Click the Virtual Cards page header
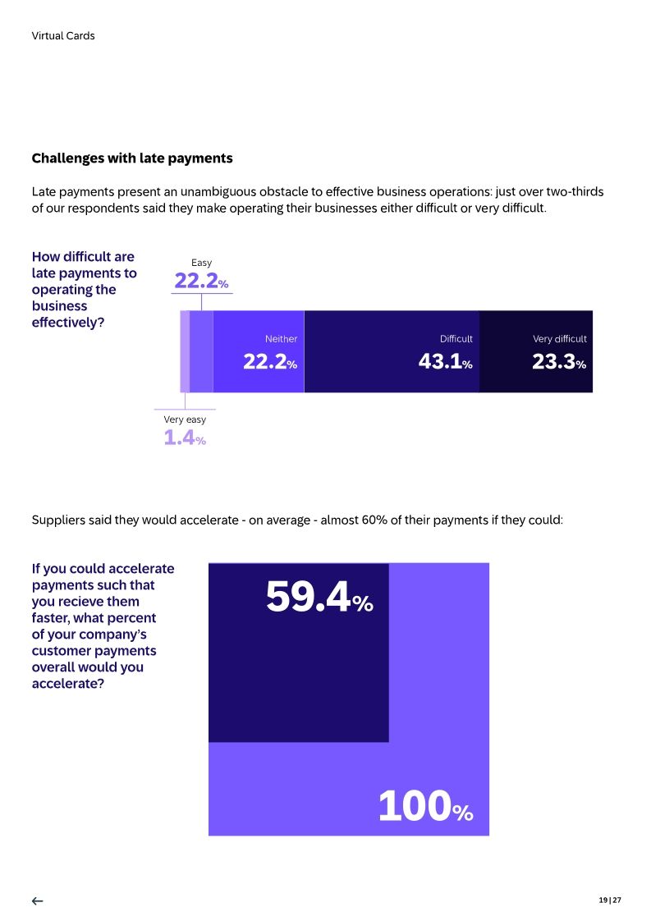pyautogui.click(x=63, y=36)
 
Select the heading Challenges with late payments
pyautogui.click(x=132, y=158)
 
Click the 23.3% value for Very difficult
pyautogui.click(x=558, y=362)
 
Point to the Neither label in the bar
pyautogui.click(x=281, y=339)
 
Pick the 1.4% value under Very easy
pyautogui.click(x=184, y=438)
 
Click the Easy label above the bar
pyautogui.click(x=201, y=263)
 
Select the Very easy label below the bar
pyautogui.click(x=185, y=419)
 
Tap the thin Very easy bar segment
pyautogui.click(x=185, y=351)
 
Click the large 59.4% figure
pyautogui.click(x=319, y=598)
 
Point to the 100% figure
pyautogui.click(x=425, y=806)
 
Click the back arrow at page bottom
pyautogui.click(x=37, y=901)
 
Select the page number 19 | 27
pyautogui.click(x=610, y=900)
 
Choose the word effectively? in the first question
pyautogui.click(x=68, y=323)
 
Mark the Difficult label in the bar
pyautogui.click(x=456, y=339)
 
